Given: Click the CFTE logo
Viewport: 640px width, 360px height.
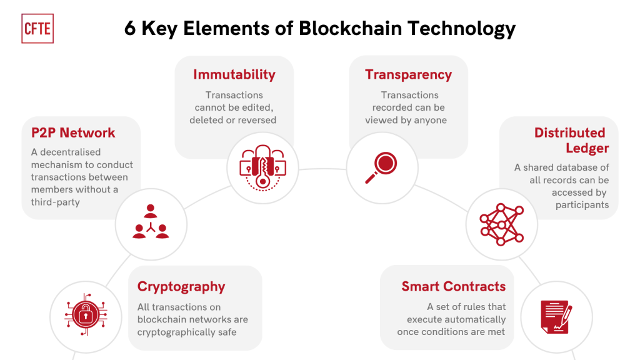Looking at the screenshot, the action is click(37, 29).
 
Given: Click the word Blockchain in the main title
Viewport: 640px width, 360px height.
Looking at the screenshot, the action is click(350, 29).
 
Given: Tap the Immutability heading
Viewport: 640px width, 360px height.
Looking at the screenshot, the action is click(234, 75).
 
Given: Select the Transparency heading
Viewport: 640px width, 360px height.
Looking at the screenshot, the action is click(408, 75).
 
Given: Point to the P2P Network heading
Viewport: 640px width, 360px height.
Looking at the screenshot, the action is click(73, 132).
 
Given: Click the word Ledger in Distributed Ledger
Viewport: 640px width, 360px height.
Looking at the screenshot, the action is click(587, 148).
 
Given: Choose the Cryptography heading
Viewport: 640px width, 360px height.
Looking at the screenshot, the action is click(181, 287).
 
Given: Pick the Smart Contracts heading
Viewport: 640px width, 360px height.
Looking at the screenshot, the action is click(454, 286).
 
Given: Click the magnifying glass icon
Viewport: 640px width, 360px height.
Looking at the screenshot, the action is click(381, 167).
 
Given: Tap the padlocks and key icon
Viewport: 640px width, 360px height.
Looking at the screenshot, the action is click(263, 167).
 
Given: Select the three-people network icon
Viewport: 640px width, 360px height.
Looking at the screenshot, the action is click(151, 222).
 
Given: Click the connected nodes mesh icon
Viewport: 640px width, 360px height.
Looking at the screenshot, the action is click(502, 224).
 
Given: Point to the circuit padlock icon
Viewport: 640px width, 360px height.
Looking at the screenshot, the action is click(86, 315).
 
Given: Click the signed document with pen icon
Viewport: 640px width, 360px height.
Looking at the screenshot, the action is click(556, 317).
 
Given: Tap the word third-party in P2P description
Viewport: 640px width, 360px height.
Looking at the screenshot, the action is click(56, 202).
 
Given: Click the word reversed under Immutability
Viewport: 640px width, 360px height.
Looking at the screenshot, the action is click(257, 120).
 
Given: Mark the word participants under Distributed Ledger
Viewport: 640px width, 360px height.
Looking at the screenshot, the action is click(582, 205).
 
